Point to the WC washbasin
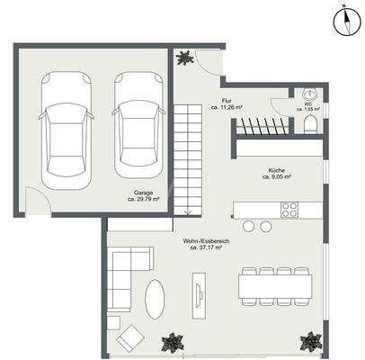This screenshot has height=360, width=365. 311,94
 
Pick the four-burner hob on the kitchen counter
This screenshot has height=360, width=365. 289,210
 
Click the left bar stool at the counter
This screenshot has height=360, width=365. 247,226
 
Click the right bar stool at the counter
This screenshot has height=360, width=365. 266,226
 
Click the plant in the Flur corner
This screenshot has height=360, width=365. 184,58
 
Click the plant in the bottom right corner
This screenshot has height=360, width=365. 310,341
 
